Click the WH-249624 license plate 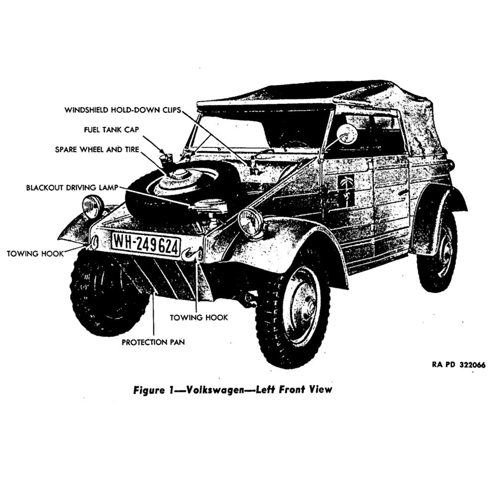[x=146, y=245]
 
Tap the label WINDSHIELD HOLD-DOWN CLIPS [x=122, y=110]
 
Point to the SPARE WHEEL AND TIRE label [x=97, y=150]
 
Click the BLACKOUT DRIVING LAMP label [x=71, y=187]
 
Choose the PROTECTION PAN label [x=153, y=342]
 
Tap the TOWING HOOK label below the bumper [x=199, y=317]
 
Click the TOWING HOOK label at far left [x=35, y=254]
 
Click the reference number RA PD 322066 [x=458, y=365]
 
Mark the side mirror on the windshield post [x=347, y=134]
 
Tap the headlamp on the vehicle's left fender [x=251, y=223]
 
